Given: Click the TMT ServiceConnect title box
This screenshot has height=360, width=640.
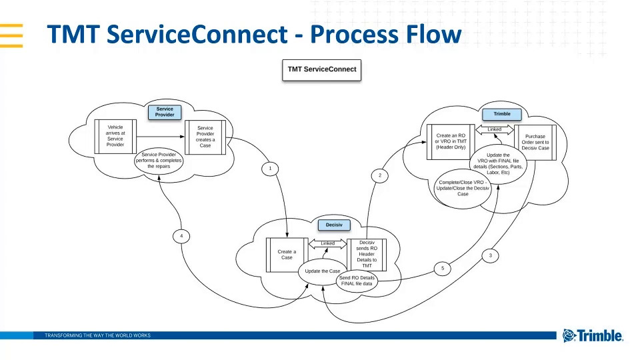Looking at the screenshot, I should [321, 69].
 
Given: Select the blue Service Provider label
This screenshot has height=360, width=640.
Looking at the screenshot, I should [165, 111].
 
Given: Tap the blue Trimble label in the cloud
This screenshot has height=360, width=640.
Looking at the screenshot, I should [501, 114].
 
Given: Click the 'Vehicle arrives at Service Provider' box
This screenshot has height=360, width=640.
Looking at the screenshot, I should [115, 135].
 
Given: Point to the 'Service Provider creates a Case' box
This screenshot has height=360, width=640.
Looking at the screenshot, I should [205, 137].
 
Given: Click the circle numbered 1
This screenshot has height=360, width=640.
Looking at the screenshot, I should [270, 169].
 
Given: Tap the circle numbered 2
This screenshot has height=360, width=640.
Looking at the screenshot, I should [379, 176].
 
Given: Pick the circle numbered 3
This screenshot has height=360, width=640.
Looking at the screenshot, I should [491, 255].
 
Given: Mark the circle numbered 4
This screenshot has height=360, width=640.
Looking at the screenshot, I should [181, 236].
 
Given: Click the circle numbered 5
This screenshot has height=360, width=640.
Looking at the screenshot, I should [443, 269].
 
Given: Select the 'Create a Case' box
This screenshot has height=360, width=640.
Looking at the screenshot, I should [286, 255].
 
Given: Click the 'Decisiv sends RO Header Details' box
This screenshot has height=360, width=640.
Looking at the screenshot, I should [367, 254].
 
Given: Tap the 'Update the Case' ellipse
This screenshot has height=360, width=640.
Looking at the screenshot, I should [322, 272].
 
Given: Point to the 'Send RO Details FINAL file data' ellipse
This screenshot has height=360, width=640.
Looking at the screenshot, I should [357, 281].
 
